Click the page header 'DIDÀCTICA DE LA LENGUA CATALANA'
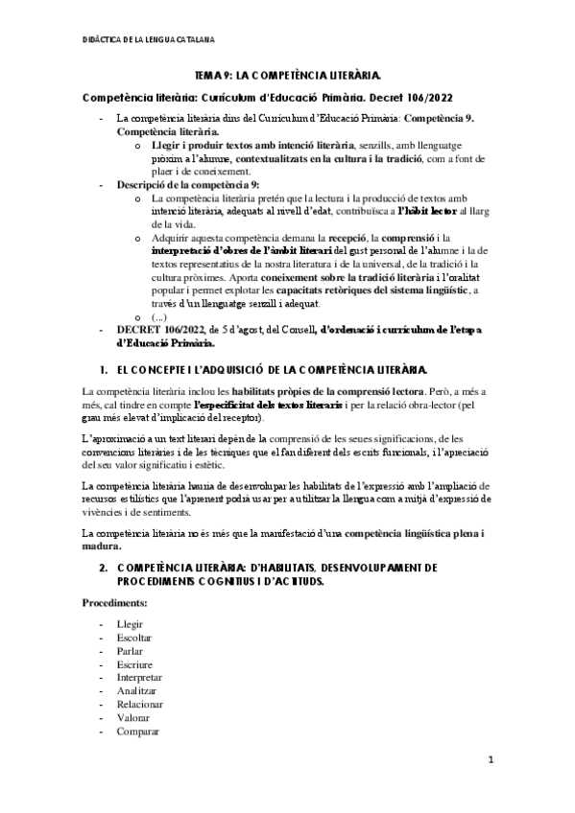[149, 38]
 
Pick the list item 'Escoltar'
[133, 637]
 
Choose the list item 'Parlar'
[130, 650]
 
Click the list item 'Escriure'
[133, 663]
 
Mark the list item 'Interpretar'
[139, 677]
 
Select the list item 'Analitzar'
[136, 690]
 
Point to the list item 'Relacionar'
[139, 704]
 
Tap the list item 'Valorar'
[132, 717]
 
